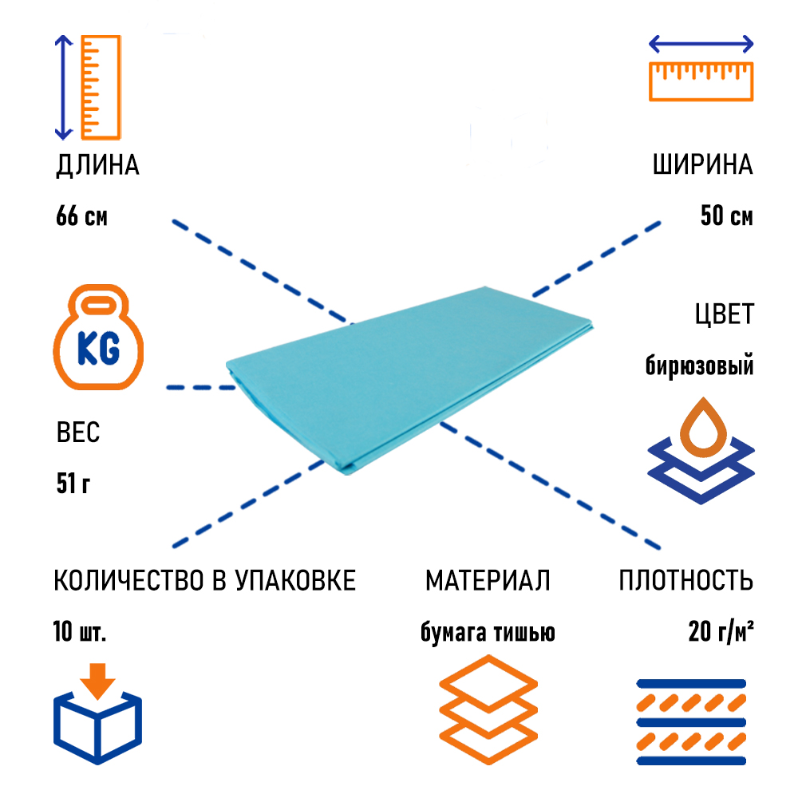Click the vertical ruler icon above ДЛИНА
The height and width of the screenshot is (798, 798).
[x=88, y=86]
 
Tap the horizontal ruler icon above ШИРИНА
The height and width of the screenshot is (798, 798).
[x=701, y=69]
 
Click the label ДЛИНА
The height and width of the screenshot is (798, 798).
[x=97, y=166]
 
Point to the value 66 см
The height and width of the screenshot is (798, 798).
[x=81, y=216]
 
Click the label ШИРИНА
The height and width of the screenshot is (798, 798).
[x=702, y=166]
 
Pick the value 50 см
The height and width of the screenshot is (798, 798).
[x=726, y=216]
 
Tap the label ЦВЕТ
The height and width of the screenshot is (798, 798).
[x=723, y=314]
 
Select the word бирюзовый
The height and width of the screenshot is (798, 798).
[x=699, y=366]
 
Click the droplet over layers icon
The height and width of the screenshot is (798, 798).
[x=701, y=452]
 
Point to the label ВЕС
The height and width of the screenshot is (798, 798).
[x=78, y=433]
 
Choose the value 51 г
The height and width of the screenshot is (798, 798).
[x=73, y=484]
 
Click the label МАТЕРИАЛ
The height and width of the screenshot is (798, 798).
[x=488, y=581]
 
